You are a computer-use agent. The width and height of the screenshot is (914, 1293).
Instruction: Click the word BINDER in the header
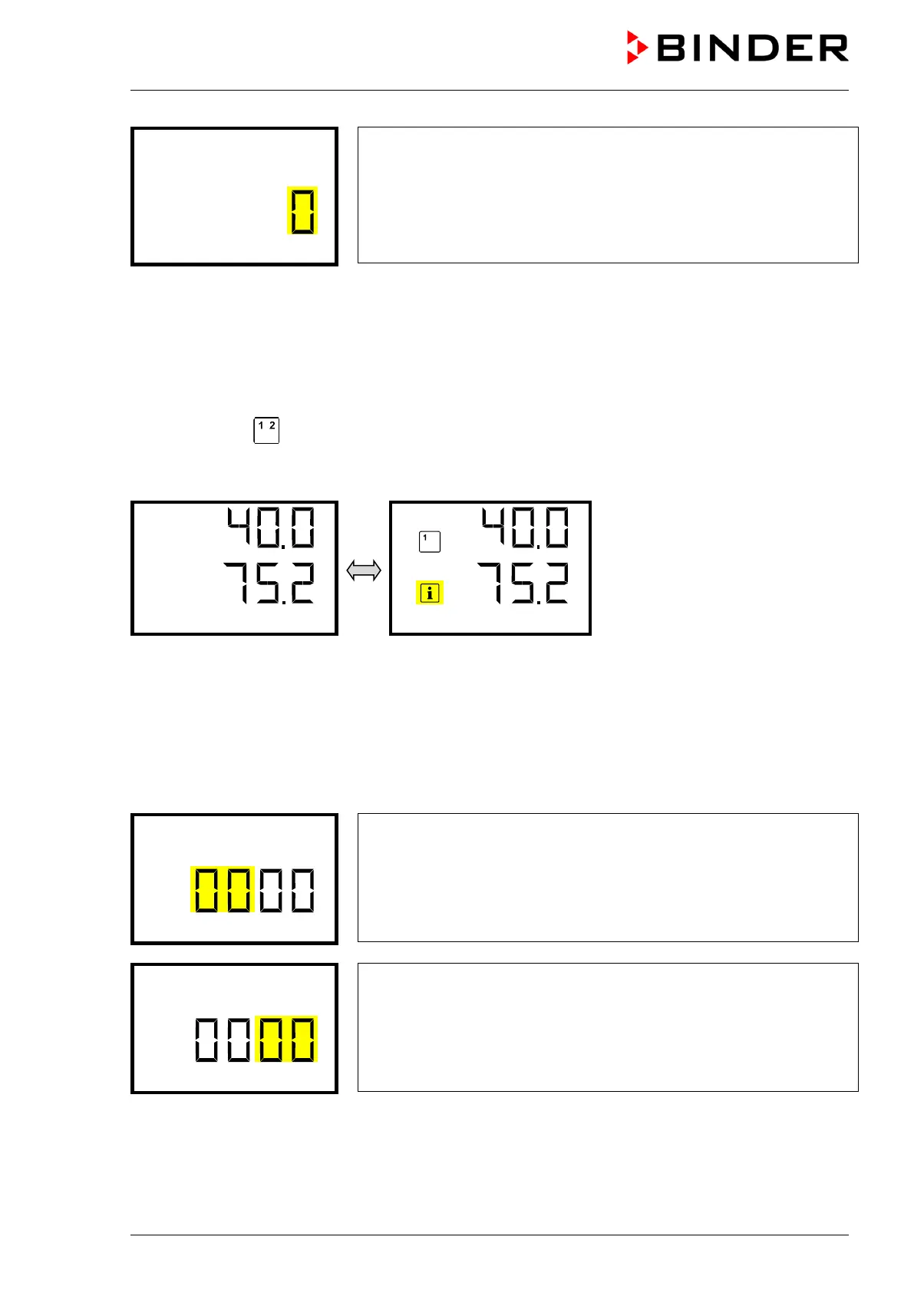[x=752, y=48]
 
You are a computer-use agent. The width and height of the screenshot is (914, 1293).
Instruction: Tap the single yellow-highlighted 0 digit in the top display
[x=302, y=210]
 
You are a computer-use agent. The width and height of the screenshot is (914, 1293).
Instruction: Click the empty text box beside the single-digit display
[x=607, y=195]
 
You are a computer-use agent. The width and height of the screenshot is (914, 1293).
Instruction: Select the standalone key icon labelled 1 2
[x=266, y=430]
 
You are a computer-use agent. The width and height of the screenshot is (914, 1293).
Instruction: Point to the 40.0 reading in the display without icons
[x=271, y=527]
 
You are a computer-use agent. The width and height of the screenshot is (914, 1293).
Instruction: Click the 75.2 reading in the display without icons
[x=269, y=583]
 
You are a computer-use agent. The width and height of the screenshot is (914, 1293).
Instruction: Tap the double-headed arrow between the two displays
[x=364, y=570]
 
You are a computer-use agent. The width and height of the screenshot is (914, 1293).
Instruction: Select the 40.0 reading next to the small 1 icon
[x=526, y=527]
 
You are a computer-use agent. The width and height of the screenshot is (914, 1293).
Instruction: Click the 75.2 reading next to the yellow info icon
[x=524, y=583]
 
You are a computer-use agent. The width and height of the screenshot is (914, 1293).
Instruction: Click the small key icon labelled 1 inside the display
[x=429, y=542]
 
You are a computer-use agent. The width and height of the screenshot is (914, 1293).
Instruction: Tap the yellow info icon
[x=430, y=593]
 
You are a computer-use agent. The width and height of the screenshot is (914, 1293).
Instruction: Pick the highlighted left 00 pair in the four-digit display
[x=223, y=890]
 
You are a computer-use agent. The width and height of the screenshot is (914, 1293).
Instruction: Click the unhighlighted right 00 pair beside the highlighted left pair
[x=287, y=890]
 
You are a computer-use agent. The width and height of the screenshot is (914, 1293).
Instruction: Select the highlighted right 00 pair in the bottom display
[x=287, y=1040]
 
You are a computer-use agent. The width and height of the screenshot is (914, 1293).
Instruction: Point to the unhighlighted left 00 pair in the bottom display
[x=223, y=1040]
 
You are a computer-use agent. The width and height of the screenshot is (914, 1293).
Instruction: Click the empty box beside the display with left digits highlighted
[x=607, y=878]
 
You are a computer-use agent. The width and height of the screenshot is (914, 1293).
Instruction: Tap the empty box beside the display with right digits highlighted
[x=607, y=1027]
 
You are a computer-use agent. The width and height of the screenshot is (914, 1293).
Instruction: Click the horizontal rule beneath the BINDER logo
[x=489, y=91]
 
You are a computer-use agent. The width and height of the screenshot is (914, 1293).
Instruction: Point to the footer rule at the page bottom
[x=489, y=1235]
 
